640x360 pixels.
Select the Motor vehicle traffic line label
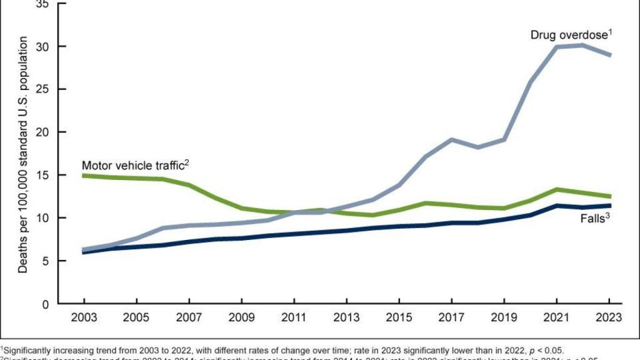coord(132,166)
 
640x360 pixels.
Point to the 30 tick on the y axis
coord(42,47)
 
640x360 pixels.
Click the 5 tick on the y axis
coord(45,261)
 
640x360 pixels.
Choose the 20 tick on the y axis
coord(42,132)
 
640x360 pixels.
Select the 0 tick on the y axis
coord(45,304)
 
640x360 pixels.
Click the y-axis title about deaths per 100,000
coord(22,154)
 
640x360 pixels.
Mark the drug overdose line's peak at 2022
coord(583,45)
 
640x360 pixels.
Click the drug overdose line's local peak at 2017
coord(452,139)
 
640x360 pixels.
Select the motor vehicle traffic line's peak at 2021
coord(557,189)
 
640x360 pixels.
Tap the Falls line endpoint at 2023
coord(609,206)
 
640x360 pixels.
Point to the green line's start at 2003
coord(84,176)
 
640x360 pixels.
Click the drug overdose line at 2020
coord(531,82)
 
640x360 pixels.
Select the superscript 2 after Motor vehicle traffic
coord(186,162)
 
